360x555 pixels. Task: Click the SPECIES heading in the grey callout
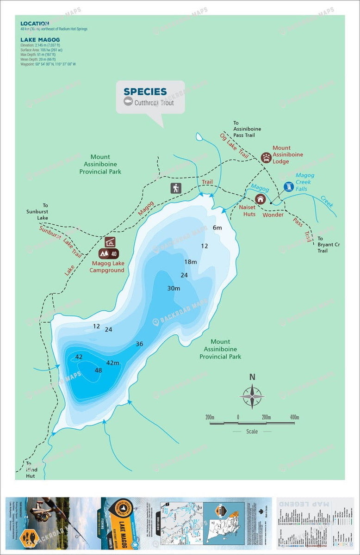145,92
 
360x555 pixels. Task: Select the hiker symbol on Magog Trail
175,188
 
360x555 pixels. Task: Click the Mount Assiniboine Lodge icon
266,158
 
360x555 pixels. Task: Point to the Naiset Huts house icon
261,199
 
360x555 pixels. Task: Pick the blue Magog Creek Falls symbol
289,187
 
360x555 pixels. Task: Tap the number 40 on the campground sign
114,253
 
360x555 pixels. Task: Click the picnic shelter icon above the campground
110,242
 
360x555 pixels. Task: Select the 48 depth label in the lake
98,370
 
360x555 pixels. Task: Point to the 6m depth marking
217,228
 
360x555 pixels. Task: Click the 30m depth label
174,288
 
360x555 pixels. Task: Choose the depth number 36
139,344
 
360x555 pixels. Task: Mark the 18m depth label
191,262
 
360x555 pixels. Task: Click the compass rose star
252,396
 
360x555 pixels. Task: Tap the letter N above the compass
252,377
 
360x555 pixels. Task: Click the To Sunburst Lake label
37,211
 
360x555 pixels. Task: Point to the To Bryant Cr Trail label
329,245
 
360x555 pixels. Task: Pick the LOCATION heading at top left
35,23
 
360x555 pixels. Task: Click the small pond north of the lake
199,136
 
